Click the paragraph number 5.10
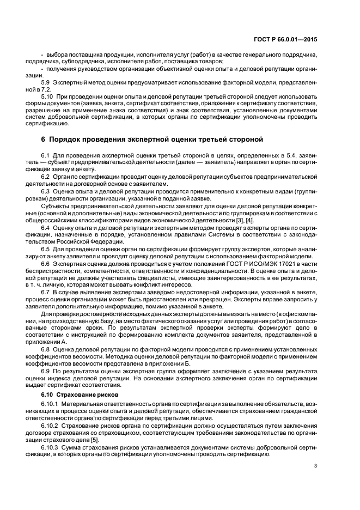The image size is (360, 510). click(48, 95)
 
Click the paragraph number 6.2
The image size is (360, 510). click(46, 177)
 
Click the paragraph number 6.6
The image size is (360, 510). click(46, 263)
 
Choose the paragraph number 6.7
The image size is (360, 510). click(46, 292)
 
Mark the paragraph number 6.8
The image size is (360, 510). click(46, 348)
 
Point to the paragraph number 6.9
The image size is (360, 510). click(46, 370)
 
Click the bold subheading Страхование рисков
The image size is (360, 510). click(87, 393)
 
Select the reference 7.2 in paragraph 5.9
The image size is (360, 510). click(46, 88)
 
